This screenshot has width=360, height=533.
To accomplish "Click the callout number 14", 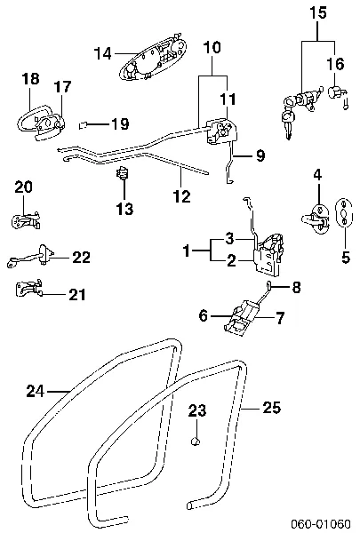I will click(x=103, y=53).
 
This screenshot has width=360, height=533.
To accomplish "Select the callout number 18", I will click(x=30, y=79).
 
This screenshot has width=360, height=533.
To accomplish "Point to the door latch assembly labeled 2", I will click(x=266, y=255).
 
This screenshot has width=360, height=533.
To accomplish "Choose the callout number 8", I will click(x=297, y=286).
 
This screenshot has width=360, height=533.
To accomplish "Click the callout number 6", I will click(x=204, y=314).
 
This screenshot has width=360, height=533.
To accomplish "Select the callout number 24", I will click(x=34, y=389).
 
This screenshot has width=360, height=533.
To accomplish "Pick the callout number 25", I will click(x=272, y=408).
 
